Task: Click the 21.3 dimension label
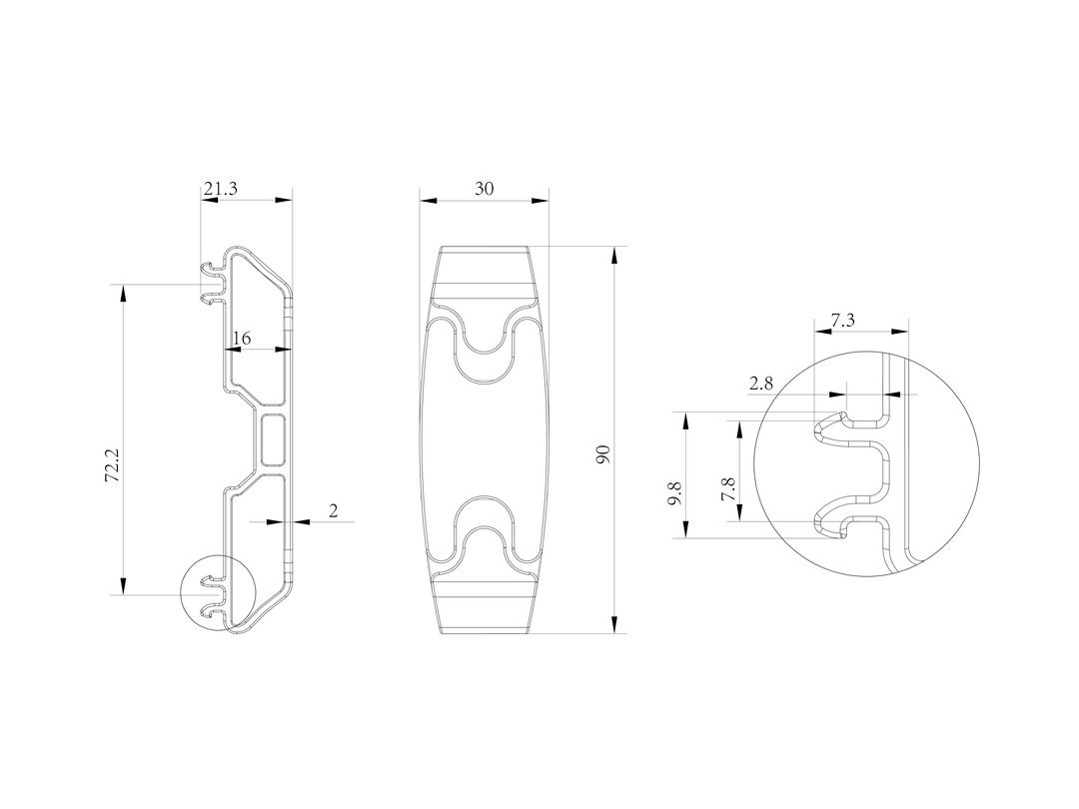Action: click(x=220, y=189)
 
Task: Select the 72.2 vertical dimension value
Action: click(x=113, y=464)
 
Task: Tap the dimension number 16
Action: click(x=242, y=338)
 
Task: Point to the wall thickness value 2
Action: click(x=334, y=510)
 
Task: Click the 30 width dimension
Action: click(x=485, y=189)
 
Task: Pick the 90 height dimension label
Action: click(x=603, y=454)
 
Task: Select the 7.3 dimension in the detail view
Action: click(x=843, y=320)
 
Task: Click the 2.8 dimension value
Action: click(x=761, y=384)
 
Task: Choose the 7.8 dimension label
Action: click(x=729, y=489)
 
